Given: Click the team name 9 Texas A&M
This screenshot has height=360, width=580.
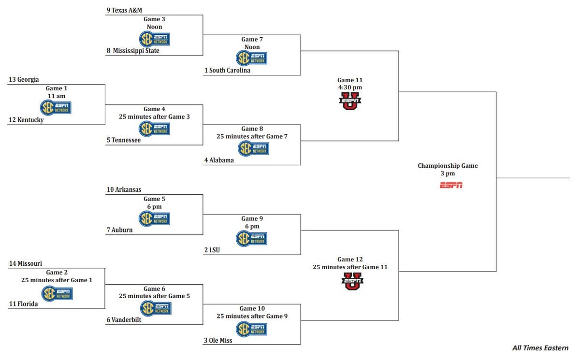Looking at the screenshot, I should [x=124, y=10].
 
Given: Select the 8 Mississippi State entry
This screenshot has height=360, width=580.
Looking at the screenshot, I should [x=133, y=51].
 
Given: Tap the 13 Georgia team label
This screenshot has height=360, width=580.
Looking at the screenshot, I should [x=24, y=80].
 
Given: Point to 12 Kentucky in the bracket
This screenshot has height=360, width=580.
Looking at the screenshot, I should [x=26, y=120].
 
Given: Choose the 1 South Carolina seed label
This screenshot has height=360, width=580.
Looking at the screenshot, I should [x=227, y=71].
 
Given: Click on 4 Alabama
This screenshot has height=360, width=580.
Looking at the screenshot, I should [x=219, y=160].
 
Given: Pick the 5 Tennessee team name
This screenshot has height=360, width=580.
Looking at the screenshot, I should [x=124, y=140].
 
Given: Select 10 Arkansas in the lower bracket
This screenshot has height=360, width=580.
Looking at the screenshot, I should [x=124, y=190].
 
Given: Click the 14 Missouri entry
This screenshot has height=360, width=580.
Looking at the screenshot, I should [x=26, y=264].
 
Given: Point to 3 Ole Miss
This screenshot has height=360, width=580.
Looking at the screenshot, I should [x=218, y=340].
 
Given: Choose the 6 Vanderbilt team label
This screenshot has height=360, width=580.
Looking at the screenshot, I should [x=124, y=319].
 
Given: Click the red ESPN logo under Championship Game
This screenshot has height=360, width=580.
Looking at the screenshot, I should [x=451, y=185].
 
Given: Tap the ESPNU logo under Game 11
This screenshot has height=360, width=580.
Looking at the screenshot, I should [x=350, y=101].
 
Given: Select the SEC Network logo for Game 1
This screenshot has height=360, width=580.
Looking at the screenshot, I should [x=56, y=107].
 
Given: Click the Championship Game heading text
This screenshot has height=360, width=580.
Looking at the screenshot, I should [x=448, y=166].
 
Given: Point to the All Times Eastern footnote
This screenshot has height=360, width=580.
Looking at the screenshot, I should [x=540, y=348].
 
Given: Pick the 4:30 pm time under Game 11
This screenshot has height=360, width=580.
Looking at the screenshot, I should [x=350, y=87].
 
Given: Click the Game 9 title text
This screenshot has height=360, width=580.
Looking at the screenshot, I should [x=250, y=218].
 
